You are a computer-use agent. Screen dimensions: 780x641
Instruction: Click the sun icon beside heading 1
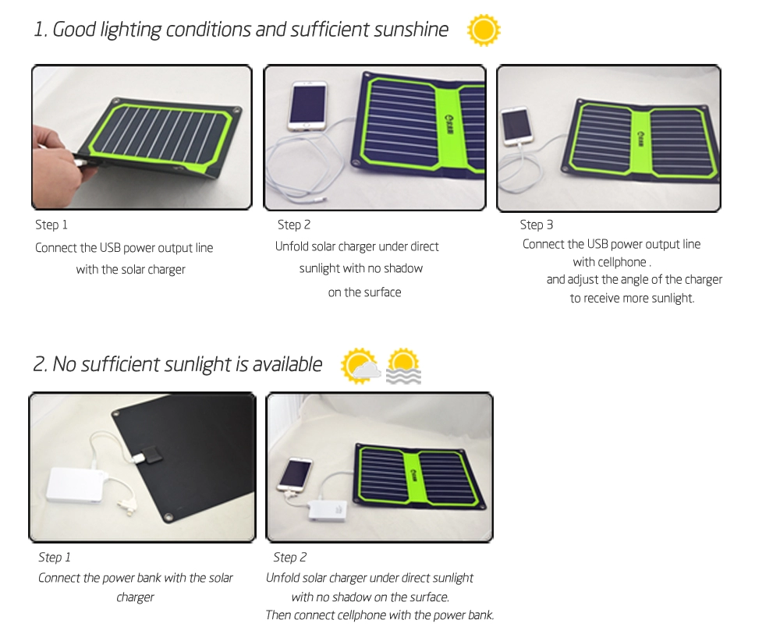[x=484, y=30]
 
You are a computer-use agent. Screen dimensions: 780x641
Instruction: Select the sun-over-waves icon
[x=403, y=367]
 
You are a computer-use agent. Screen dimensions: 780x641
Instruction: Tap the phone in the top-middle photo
[x=307, y=106]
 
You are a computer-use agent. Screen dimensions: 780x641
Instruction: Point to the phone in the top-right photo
[x=516, y=126]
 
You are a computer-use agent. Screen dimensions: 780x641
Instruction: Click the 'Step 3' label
[x=537, y=225]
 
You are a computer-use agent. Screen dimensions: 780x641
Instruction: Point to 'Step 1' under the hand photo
[x=51, y=225]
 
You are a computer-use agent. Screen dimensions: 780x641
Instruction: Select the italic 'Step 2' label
[x=289, y=557]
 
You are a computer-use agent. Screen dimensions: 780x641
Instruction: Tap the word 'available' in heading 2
[x=288, y=364]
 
